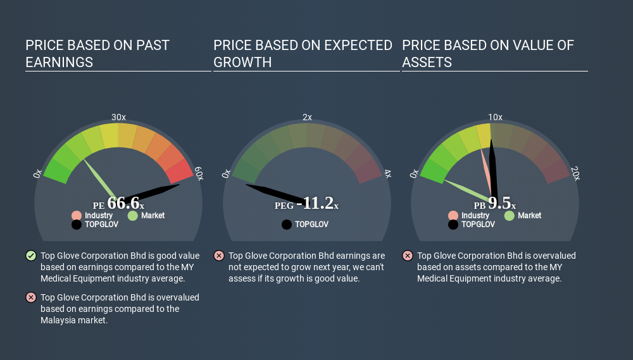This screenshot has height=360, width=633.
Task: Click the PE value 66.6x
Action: (x=125, y=203)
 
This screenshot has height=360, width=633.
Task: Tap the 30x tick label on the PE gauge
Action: (x=118, y=117)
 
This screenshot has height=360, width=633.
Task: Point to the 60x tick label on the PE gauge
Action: (x=199, y=174)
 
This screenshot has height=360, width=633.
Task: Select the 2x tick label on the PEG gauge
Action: (x=307, y=117)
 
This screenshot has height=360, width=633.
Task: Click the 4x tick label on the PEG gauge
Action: (x=387, y=174)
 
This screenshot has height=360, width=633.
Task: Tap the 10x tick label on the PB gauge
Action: (x=495, y=117)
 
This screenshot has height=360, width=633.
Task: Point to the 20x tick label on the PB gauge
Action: (x=575, y=174)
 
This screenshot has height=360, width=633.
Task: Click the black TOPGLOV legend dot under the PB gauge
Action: (x=453, y=225)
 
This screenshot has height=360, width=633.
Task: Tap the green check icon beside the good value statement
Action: (x=30, y=256)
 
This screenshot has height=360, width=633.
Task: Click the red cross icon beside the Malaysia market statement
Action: (x=30, y=297)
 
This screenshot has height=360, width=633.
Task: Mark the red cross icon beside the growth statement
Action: (x=218, y=256)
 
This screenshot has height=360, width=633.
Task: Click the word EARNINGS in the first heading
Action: (x=59, y=63)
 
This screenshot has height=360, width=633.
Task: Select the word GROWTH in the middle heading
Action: (x=242, y=63)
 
